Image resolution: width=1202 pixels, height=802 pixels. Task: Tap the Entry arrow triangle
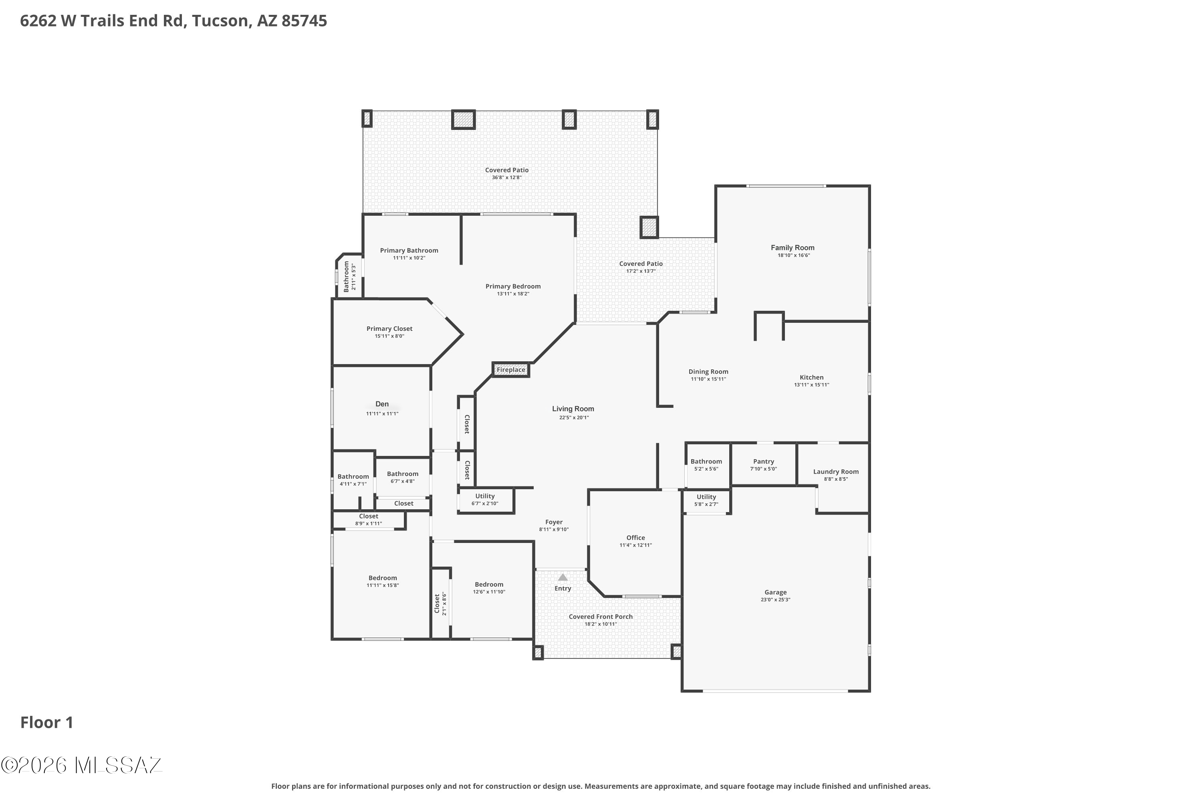pos(563,577)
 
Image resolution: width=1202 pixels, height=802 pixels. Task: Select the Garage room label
pos(775,592)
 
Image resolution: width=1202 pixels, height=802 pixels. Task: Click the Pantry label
pos(764,462)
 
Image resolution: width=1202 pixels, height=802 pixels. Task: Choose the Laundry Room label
pos(836,472)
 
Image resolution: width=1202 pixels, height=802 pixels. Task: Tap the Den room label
pos(382,404)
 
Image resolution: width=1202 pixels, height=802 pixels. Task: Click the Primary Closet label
pos(389,329)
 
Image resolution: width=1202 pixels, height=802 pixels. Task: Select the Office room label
pos(636,538)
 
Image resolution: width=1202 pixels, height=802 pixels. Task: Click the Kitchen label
pos(812,377)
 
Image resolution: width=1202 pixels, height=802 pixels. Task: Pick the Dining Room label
pos(708,372)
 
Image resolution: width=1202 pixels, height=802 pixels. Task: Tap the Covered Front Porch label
pos(601,616)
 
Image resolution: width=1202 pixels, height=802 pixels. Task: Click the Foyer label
pos(554,522)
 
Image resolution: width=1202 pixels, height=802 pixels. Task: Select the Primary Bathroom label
pos(409,251)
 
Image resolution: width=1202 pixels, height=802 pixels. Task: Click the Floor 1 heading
pos(47,723)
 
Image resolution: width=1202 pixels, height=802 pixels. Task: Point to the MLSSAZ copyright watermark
pos(82,765)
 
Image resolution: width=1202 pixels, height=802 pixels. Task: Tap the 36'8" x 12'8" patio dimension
pos(507,178)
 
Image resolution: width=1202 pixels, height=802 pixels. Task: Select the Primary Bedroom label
pos(513,286)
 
